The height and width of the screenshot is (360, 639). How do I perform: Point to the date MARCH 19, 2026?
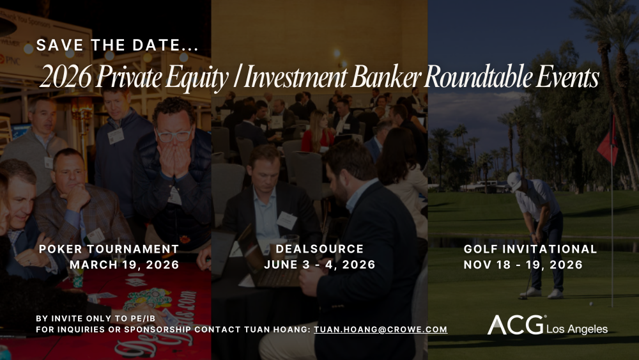tap(124, 264)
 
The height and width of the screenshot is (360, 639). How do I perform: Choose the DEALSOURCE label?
tap(319, 249)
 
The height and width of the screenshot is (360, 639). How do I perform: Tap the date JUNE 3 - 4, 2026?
tap(319, 264)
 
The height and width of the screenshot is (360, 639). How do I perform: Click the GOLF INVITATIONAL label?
tap(530, 249)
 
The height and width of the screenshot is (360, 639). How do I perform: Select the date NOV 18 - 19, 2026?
tap(523, 264)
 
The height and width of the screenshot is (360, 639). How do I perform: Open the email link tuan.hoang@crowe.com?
tap(380, 330)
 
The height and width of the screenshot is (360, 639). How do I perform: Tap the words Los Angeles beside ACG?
tap(577, 329)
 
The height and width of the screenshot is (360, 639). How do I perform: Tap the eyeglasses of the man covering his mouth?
tap(173, 135)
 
